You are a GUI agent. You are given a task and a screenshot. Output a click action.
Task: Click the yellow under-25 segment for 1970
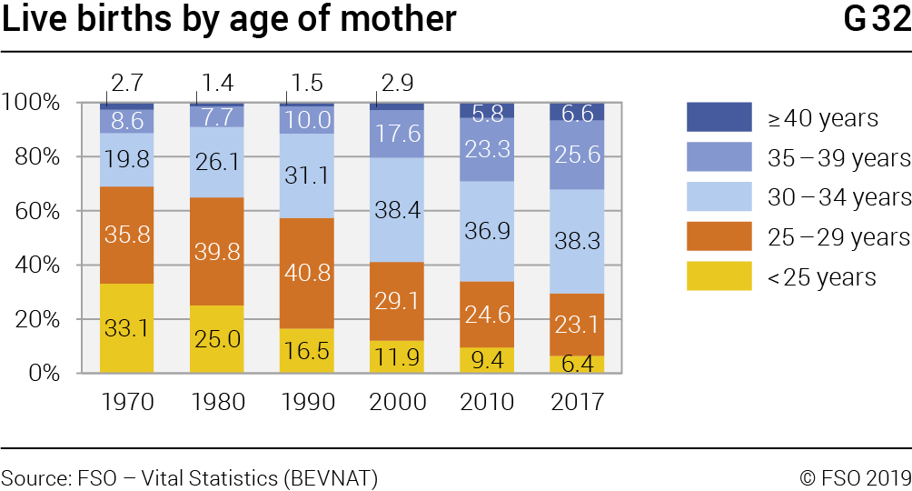(x=126, y=328)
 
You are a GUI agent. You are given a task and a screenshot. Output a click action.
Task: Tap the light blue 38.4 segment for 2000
(x=397, y=210)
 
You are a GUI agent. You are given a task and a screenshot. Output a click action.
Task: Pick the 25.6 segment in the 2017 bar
(x=577, y=155)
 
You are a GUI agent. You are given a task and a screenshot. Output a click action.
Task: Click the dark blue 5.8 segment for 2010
(x=487, y=111)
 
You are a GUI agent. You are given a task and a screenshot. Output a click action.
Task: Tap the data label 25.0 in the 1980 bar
(x=217, y=339)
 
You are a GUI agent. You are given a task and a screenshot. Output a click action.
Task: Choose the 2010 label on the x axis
(x=487, y=401)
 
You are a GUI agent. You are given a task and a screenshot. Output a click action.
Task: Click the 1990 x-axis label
(x=307, y=401)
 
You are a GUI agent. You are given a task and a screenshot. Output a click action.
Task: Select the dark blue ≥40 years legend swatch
(x=719, y=116)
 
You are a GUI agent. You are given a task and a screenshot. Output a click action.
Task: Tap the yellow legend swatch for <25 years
(x=719, y=276)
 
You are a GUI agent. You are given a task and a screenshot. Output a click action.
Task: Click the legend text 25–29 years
(x=838, y=236)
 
